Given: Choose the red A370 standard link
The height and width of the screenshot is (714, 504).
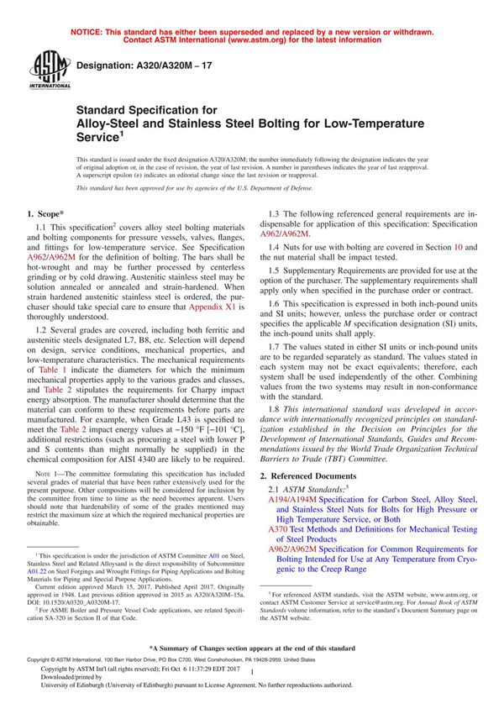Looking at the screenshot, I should [280, 530].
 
